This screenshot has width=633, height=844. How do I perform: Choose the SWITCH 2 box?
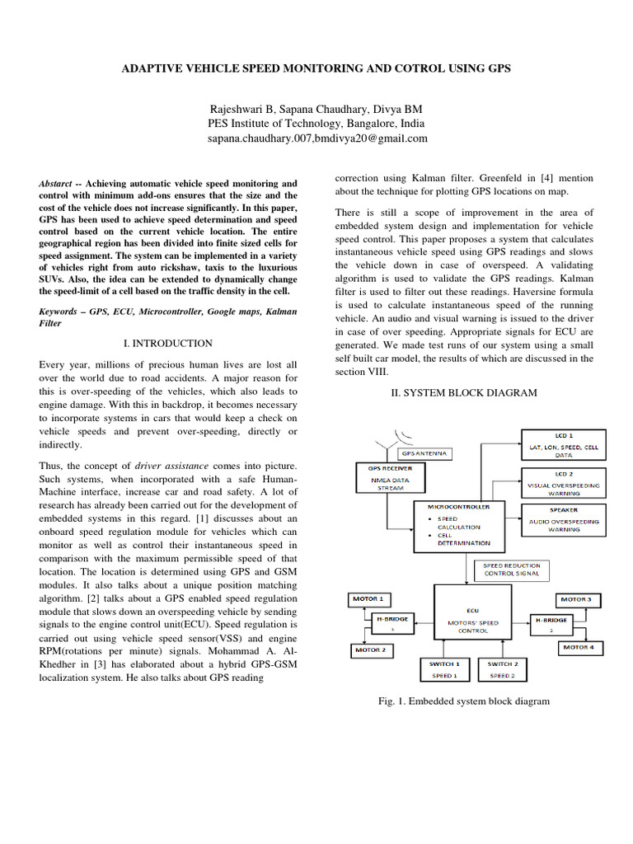(x=502, y=668)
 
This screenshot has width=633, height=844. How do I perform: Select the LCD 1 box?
(x=562, y=444)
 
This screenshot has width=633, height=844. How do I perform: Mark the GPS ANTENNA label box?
(x=424, y=453)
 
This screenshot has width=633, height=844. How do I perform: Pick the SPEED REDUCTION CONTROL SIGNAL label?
(x=509, y=569)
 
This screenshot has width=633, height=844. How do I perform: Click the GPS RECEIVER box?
(x=385, y=477)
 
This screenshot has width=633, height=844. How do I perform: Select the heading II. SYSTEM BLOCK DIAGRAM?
(x=463, y=393)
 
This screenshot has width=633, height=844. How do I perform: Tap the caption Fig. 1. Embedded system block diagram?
(x=463, y=701)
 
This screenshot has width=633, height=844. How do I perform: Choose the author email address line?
(x=316, y=138)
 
